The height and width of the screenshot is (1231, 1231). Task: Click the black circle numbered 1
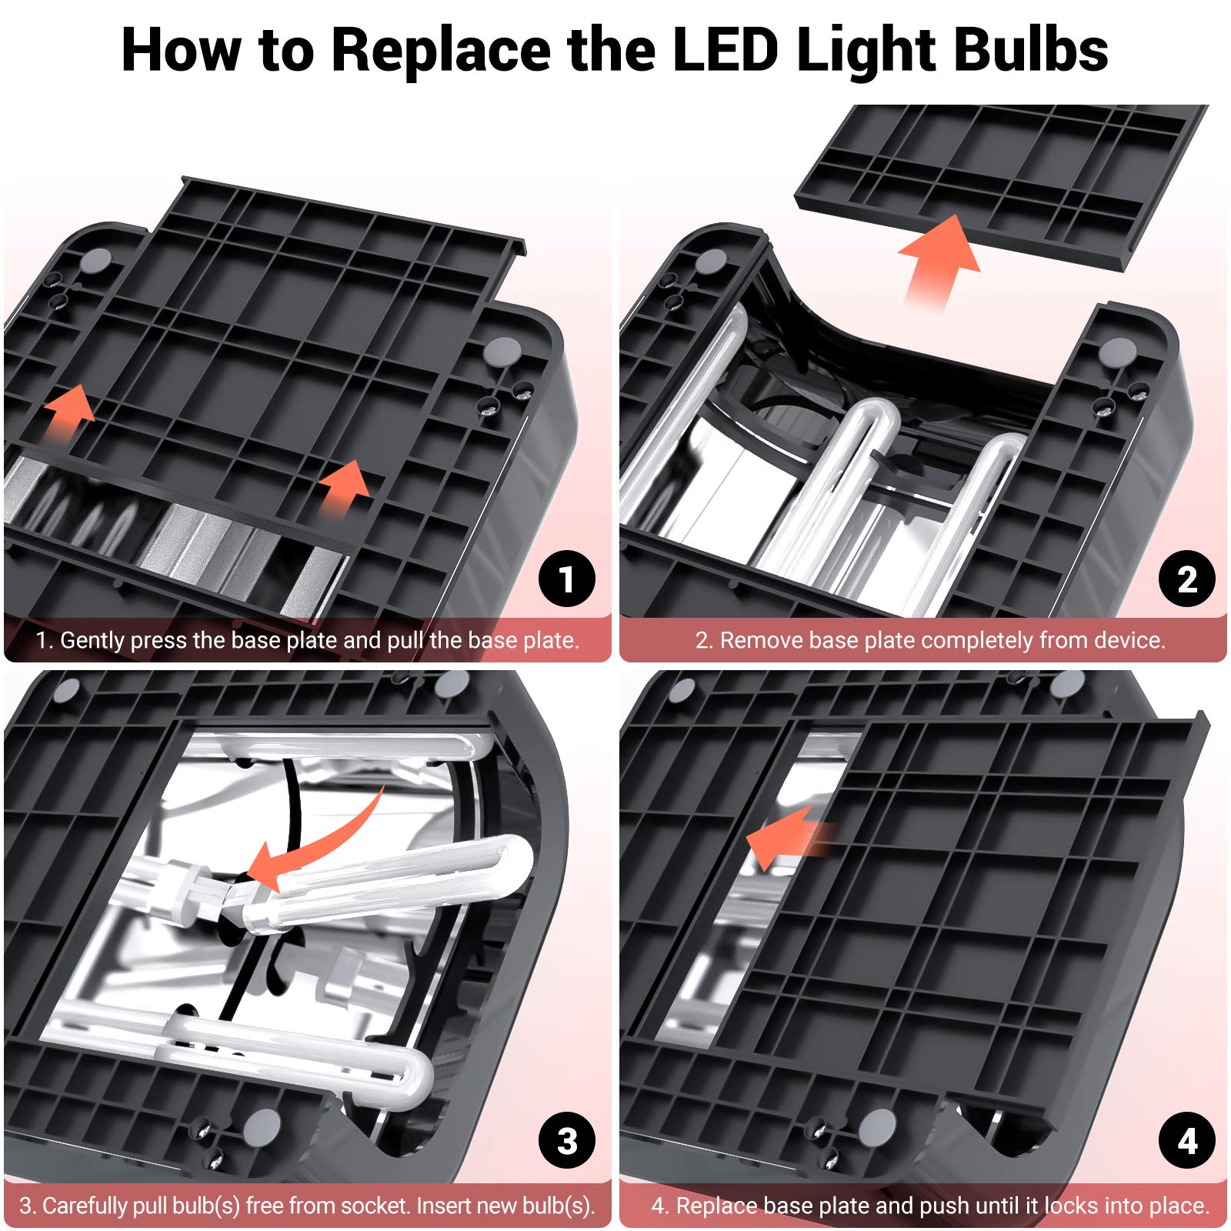tap(567, 579)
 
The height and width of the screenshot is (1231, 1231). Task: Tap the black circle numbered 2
tap(1187, 579)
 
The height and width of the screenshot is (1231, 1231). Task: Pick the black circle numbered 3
tap(567, 1141)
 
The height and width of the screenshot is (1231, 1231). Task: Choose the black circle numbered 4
tap(1187, 1141)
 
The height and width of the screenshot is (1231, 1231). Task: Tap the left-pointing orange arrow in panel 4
tap(789, 839)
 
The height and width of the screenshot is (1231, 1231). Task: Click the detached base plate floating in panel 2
tap(1000, 185)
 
